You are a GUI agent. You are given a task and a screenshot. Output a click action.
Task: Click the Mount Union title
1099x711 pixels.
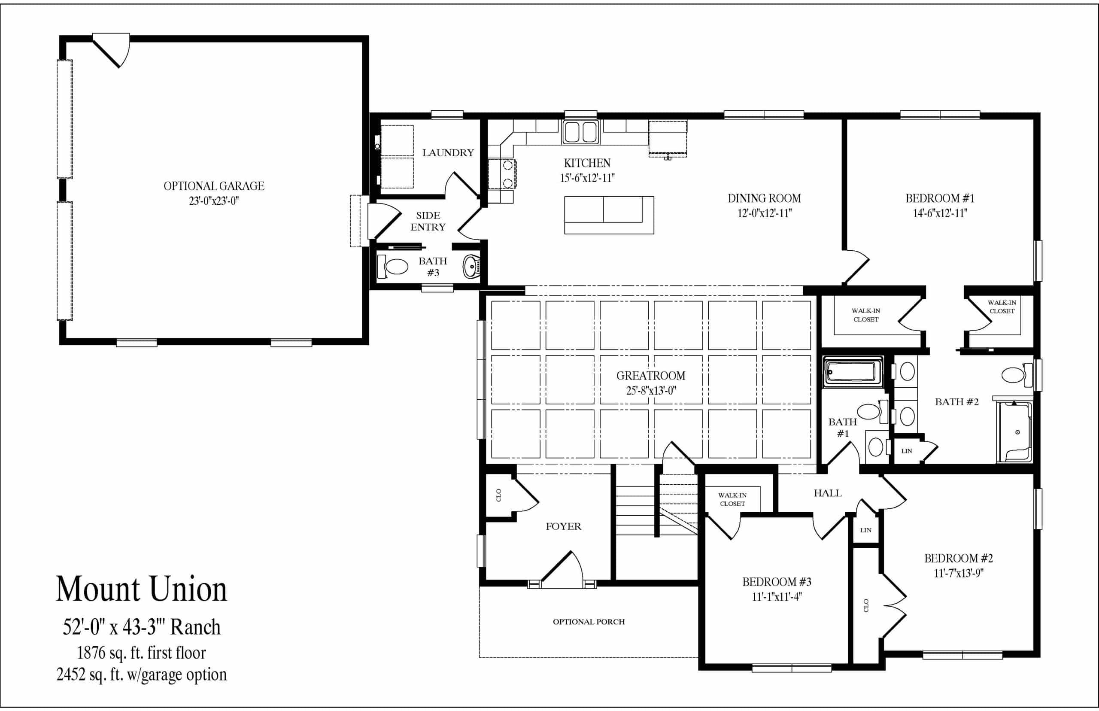pyautogui.click(x=141, y=589)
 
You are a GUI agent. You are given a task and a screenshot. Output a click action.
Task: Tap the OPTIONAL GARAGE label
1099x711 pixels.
pyautogui.click(x=214, y=186)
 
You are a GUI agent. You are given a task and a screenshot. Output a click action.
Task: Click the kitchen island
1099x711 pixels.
pyautogui.click(x=609, y=215)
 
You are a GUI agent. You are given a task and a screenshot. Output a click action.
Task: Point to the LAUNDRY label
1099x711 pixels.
pyautogui.click(x=448, y=153)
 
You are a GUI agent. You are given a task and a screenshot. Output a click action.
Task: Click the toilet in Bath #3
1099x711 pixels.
pyautogui.click(x=393, y=266)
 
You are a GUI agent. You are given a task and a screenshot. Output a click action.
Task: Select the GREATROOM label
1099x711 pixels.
pyautogui.click(x=651, y=376)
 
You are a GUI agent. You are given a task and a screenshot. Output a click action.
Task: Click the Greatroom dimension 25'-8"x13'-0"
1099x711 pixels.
pyautogui.click(x=651, y=391)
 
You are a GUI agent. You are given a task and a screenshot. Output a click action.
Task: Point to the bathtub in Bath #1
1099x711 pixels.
pyautogui.click(x=853, y=372)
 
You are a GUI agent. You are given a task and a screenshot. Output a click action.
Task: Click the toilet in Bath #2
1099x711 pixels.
pyautogui.click(x=1017, y=375)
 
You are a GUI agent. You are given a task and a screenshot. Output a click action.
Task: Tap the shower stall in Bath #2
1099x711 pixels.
pyautogui.click(x=1014, y=431)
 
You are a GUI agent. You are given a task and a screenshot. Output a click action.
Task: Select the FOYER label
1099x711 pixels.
pyautogui.click(x=563, y=527)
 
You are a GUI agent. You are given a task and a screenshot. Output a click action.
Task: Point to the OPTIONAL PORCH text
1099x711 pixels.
pyautogui.click(x=589, y=622)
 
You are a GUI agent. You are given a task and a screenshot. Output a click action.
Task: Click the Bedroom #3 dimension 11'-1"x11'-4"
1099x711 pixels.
pyautogui.click(x=777, y=597)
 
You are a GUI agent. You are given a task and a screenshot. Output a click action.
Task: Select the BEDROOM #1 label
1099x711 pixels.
pyautogui.click(x=940, y=198)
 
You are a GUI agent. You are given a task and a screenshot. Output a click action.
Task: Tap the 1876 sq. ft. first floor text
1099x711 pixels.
pyautogui.click(x=141, y=653)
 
